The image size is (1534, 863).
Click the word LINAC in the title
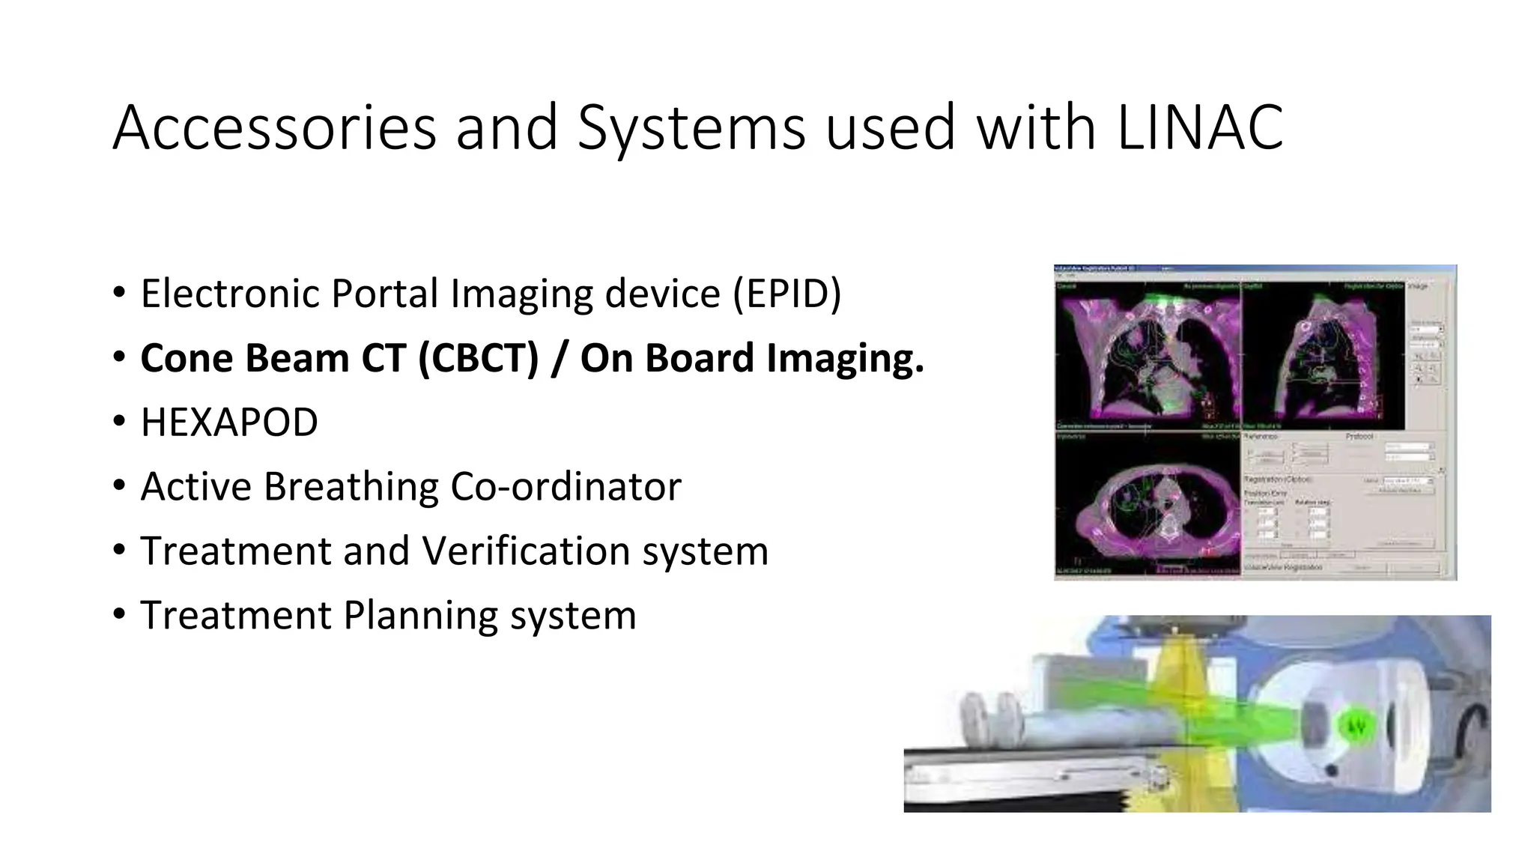click(1200, 127)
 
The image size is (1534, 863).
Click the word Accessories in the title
click(274, 127)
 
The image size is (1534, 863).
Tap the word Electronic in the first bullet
click(230, 294)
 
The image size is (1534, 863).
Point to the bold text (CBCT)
click(478, 358)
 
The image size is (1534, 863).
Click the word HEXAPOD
click(229, 423)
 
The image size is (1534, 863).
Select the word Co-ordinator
click(566, 487)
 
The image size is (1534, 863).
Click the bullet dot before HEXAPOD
click(120, 422)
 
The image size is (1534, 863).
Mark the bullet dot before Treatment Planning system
click(120, 614)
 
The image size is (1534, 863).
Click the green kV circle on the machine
click(1356, 726)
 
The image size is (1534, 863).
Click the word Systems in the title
click(691, 127)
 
